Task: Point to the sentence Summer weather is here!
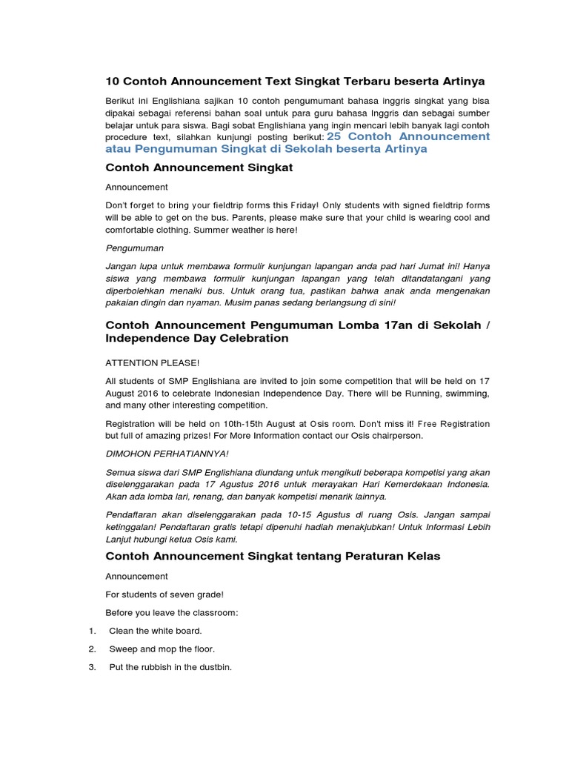click(250, 231)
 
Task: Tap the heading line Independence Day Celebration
click(197, 338)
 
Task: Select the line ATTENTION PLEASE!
click(153, 362)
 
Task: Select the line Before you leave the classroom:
click(171, 612)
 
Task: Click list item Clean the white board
click(156, 631)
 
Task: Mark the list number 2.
click(92, 649)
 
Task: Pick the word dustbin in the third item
click(213, 667)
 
